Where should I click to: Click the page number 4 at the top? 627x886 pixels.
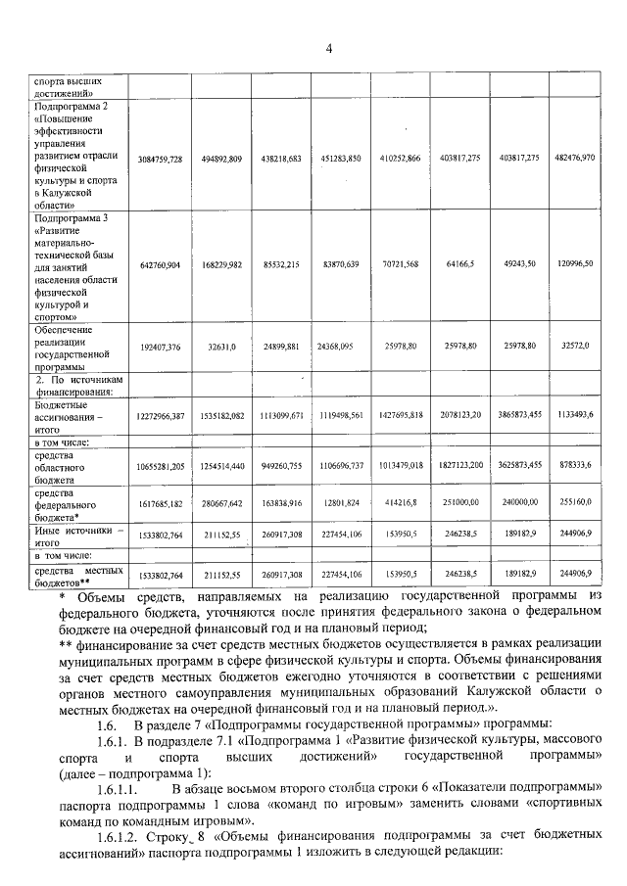click(x=329, y=48)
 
